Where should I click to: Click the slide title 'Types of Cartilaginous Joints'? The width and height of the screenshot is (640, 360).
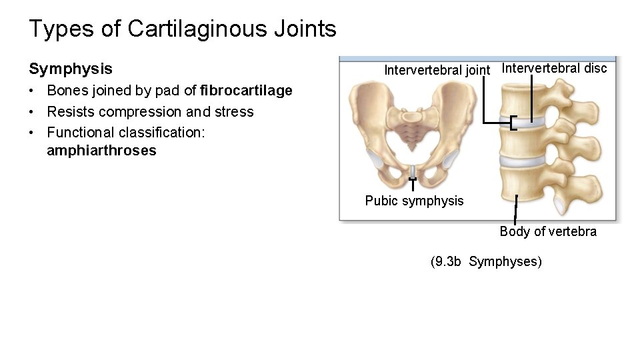click(x=183, y=29)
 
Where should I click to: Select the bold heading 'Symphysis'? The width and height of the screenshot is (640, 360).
click(x=71, y=69)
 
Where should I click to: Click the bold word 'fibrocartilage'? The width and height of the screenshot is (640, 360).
click(x=246, y=91)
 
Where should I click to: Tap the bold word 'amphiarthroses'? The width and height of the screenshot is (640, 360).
click(x=101, y=151)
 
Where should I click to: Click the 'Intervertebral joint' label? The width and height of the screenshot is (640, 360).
click(x=437, y=69)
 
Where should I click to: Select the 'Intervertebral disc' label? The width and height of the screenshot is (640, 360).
click(x=554, y=68)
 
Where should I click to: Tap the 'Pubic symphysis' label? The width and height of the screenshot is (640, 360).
click(x=414, y=201)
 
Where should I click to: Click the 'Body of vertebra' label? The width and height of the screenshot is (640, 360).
click(x=548, y=231)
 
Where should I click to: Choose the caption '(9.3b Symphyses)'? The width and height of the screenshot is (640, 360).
click(x=487, y=261)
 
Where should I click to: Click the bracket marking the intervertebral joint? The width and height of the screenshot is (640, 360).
click(x=512, y=123)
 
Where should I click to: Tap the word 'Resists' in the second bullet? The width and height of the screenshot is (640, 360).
click(x=69, y=111)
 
